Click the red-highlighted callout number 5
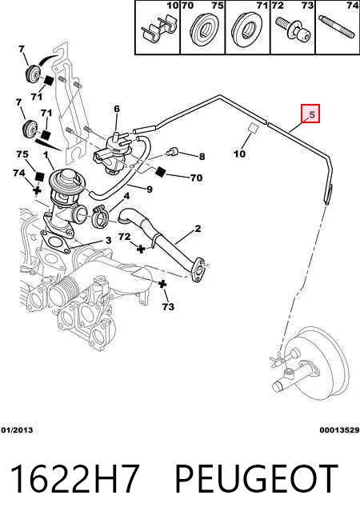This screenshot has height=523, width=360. (x=312, y=114)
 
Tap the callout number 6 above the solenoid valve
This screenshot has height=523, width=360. (x=117, y=109)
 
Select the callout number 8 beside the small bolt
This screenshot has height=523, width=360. (x=202, y=156)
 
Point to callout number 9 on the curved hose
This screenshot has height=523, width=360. (x=150, y=190)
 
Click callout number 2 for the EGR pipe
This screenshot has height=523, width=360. (x=198, y=229)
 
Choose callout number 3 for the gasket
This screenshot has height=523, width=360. (x=108, y=240)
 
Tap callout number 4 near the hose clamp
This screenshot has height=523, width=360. (x=126, y=196)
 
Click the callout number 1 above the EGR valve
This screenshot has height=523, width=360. (x=46, y=155)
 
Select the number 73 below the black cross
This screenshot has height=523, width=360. (x=168, y=306)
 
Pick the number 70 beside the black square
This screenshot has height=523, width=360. (x=197, y=178)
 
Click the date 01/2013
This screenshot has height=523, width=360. (x=17, y=430)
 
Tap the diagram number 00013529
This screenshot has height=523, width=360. (x=339, y=430)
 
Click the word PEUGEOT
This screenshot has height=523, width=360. (x=256, y=479)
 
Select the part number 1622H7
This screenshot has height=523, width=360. (x=74, y=479)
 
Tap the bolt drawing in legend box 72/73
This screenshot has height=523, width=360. (x=293, y=30)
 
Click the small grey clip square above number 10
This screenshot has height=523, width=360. (x=254, y=128)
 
